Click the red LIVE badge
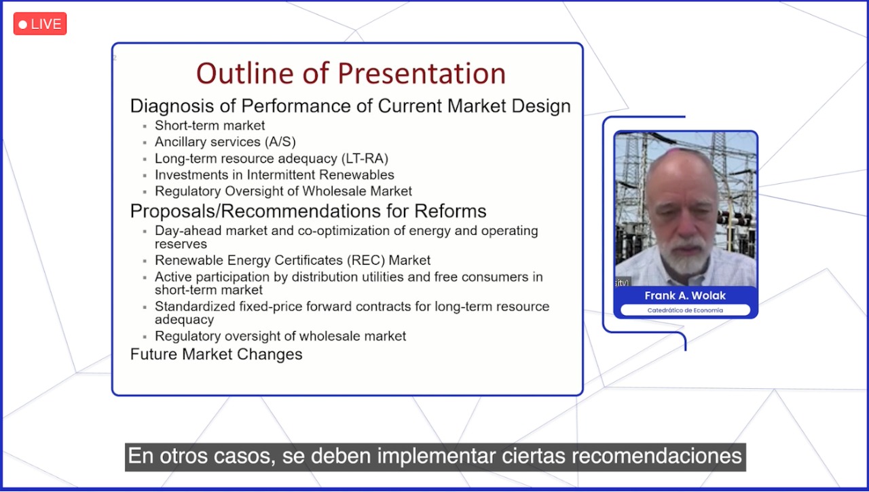click(40, 24)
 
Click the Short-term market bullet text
click(210, 126)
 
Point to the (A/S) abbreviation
click(280, 142)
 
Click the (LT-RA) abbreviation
click(365, 159)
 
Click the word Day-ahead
click(189, 231)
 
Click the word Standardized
click(195, 306)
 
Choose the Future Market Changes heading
click(216, 354)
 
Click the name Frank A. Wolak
click(685, 296)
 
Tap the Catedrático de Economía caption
click(685, 310)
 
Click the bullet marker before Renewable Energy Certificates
click(145, 261)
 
